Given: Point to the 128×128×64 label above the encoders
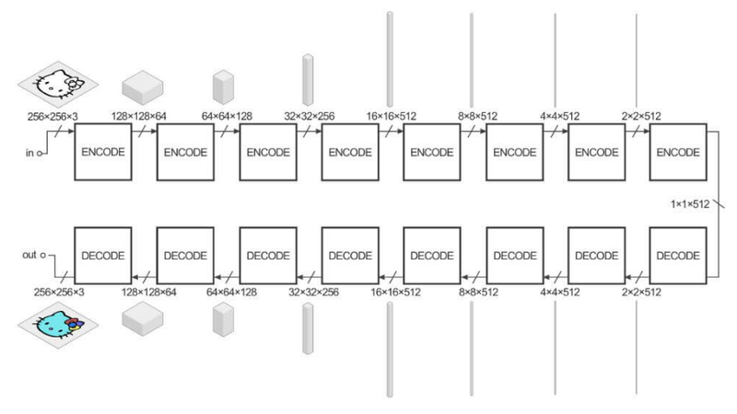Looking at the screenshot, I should pos(141,118).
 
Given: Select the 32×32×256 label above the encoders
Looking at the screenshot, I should pos(309,118).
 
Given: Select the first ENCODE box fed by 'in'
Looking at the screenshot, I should pos(102,152).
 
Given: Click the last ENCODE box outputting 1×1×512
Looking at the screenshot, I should pos(677,152).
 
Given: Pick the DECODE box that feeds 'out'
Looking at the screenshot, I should pos(102,253).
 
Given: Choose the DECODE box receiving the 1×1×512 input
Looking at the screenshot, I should pos(677,253).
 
